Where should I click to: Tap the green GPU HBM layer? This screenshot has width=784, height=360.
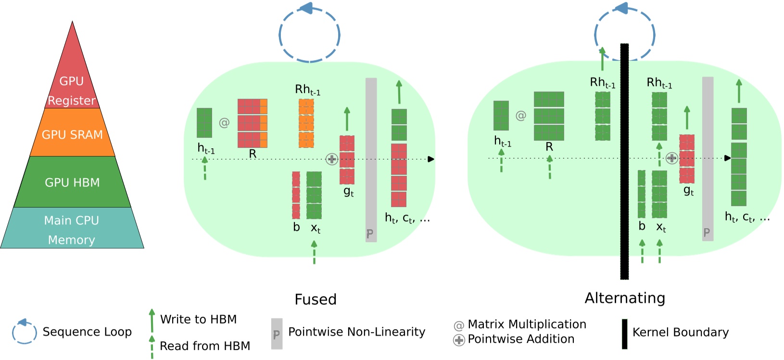point(72,182)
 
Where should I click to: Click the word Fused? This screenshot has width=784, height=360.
point(316,299)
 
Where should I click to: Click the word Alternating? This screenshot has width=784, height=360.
point(625,298)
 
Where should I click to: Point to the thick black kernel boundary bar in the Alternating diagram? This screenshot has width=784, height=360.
point(624,193)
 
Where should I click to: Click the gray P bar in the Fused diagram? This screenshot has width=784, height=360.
point(371,159)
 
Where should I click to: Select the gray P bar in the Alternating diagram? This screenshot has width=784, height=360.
point(708,159)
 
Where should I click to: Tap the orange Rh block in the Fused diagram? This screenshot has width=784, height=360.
point(306,123)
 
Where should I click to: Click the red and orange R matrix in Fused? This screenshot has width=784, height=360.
point(252,123)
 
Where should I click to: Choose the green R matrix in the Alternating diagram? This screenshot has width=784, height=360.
point(549,116)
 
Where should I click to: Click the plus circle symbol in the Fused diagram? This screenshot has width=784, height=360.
point(331,159)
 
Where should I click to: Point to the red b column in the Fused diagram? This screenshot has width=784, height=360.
point(296,195)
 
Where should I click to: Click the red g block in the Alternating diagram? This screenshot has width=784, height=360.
point(686,159)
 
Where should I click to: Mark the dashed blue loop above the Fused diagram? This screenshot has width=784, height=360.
point(310,35)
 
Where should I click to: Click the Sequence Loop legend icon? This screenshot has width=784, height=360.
point(24,332)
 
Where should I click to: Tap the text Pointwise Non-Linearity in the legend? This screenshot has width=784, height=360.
point(356,332)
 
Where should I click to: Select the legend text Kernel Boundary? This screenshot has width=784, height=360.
point(680,333)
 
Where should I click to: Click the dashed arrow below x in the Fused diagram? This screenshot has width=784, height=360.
point(314,253)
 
